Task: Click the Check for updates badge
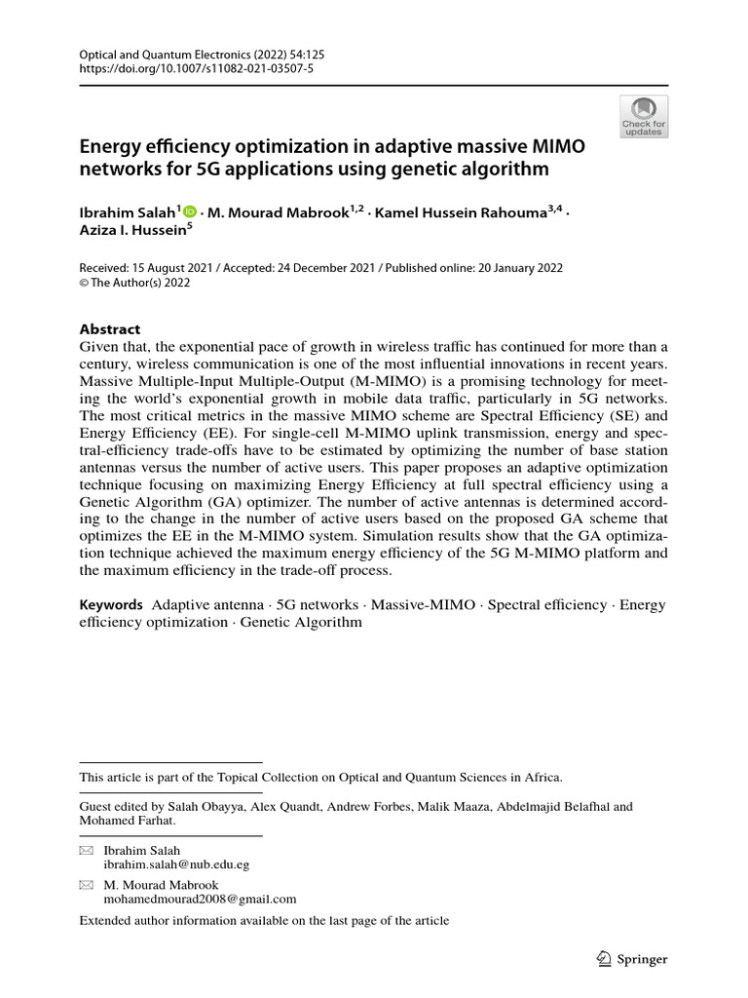pos(644,117)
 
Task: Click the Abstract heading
pos(109,329)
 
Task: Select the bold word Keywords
pos(110,605)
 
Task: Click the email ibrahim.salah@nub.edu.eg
pos(176,864)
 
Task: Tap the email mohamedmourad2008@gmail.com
pos(200,900)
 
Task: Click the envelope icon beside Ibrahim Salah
pos(86,851)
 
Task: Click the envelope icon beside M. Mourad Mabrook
pos(86,885)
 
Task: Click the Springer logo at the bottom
pos(631,959)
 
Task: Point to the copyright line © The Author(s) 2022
pos(134,284)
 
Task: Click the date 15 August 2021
pos(179,268)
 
